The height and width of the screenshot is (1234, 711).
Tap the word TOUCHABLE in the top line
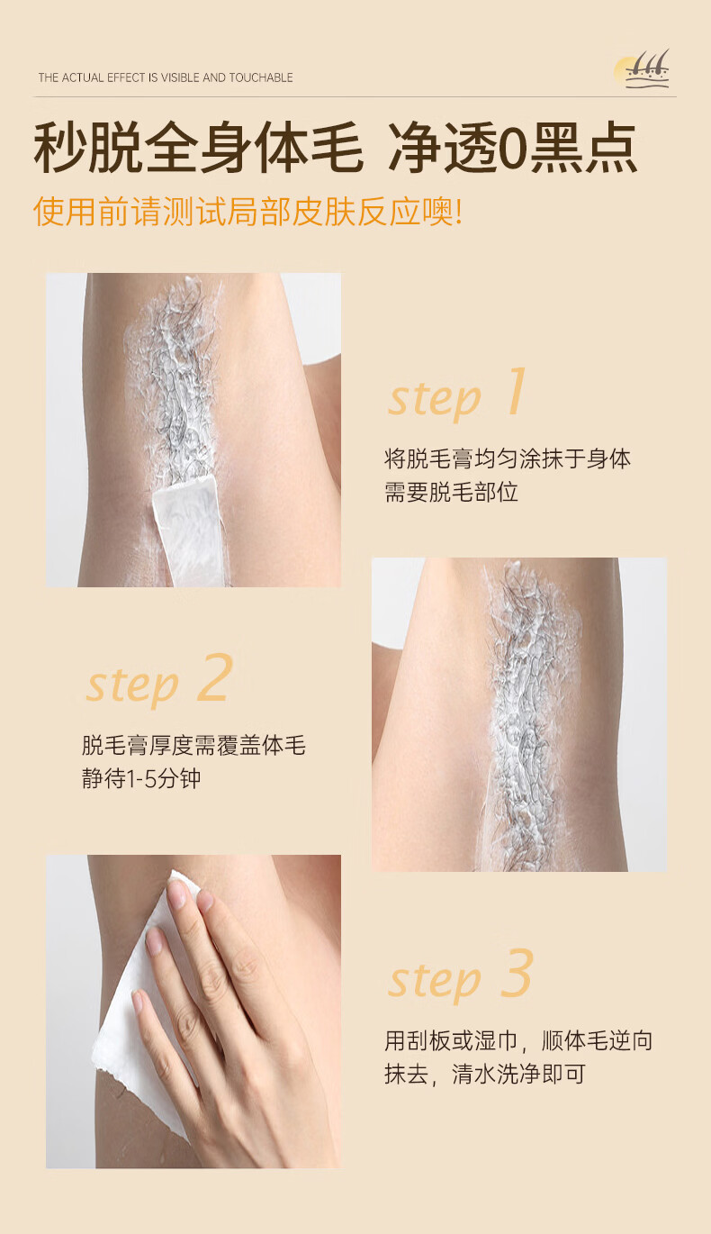click(261, 77)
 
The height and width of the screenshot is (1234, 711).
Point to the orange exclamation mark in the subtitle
click(459, 212)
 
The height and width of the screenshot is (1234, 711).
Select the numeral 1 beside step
click(516, 391)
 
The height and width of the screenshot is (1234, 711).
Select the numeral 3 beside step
click(517, 974)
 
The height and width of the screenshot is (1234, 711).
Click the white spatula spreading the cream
click(189, 529)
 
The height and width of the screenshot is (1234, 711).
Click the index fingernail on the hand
click(176, 894)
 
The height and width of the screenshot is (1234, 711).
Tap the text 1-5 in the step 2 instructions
click(142, 778)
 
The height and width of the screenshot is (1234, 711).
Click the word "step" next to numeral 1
click(434, 399)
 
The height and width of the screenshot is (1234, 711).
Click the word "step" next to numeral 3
click(434, 981)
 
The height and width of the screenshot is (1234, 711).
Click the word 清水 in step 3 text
click(473, 1075)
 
